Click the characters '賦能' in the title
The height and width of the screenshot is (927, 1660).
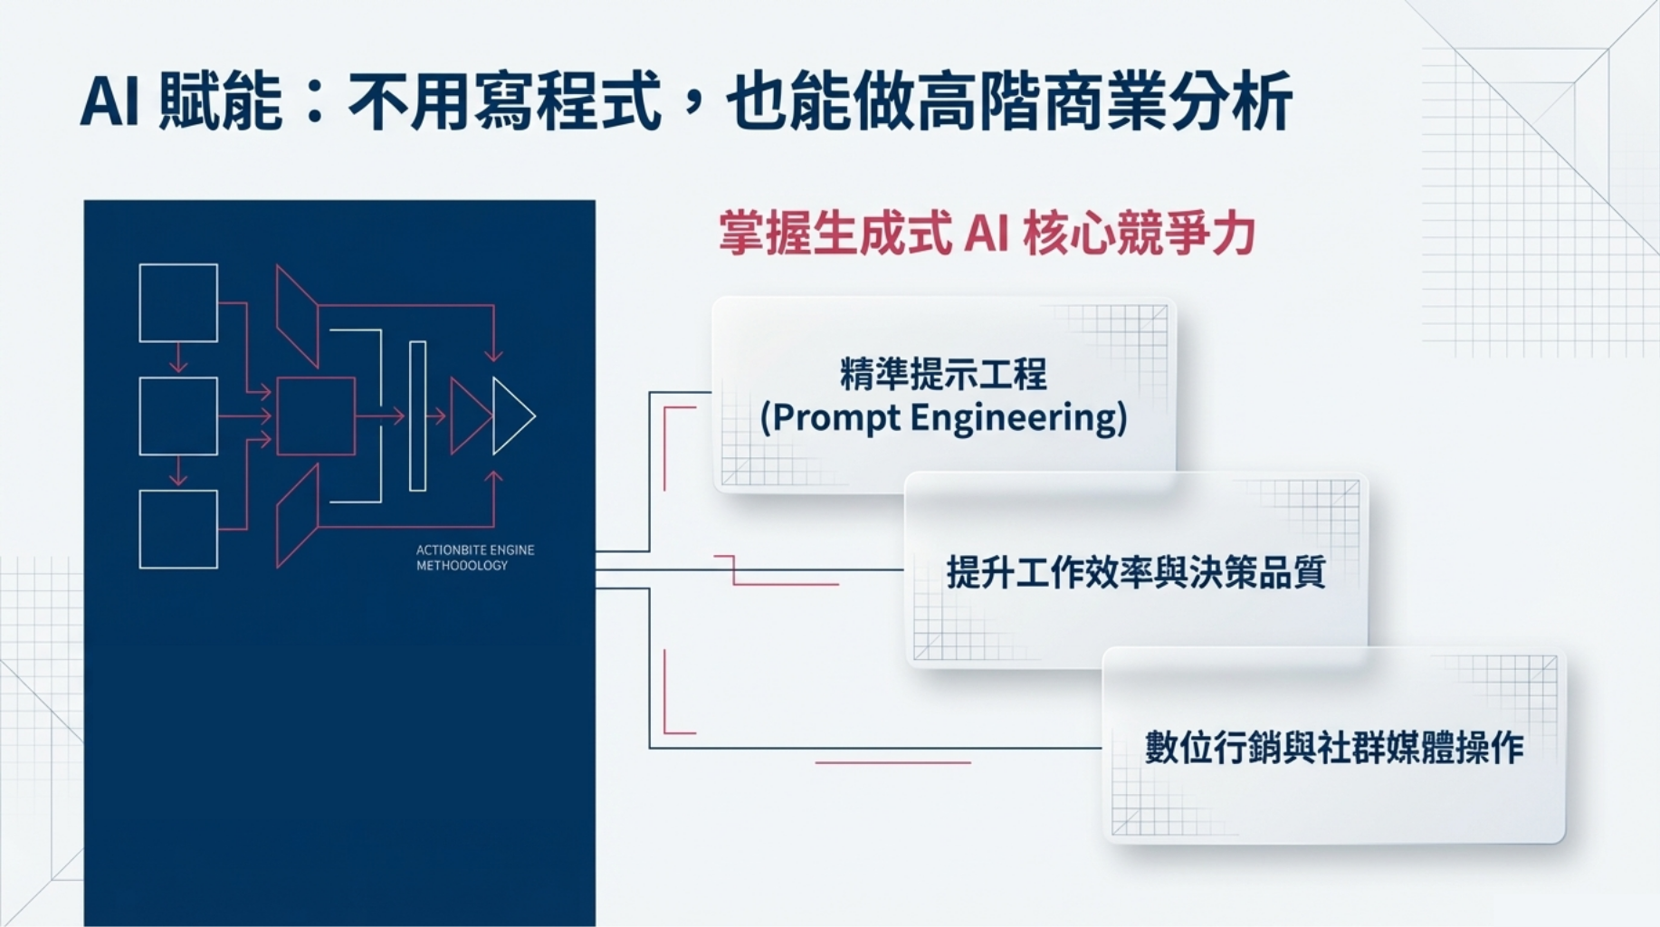pyautogui.click(x=220, y=101)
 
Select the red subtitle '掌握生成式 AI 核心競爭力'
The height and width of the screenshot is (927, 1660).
pyautogui.click(x=987, y=234)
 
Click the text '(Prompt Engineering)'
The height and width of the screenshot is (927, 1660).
pyautogui.click(x=943, y=418)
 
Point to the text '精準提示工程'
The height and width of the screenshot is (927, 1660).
pyautogui.click(x=943, y=374)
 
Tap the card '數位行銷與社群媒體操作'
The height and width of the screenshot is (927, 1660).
pyautogui.click(x=1334, y=748)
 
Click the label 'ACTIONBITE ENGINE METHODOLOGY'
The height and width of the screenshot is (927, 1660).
pyautogui.click(x=475, y=558)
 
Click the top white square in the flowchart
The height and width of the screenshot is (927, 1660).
pyautogui.click(x=178, y=302)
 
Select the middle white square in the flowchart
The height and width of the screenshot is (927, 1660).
pyautogui.click(x=178, y=416)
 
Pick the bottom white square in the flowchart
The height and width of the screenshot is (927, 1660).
pyautogui.click(x=178, y=530)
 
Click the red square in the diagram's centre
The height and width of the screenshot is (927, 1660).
pyautogui.click(x=315, y=416)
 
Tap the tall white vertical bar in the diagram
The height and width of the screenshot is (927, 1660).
pyautogui.click(x=417, y=416)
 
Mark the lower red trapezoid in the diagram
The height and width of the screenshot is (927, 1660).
pyautogui.click(x=297, y=517)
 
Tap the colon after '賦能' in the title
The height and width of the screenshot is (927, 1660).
pyautogui.click(x=315, y=101)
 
